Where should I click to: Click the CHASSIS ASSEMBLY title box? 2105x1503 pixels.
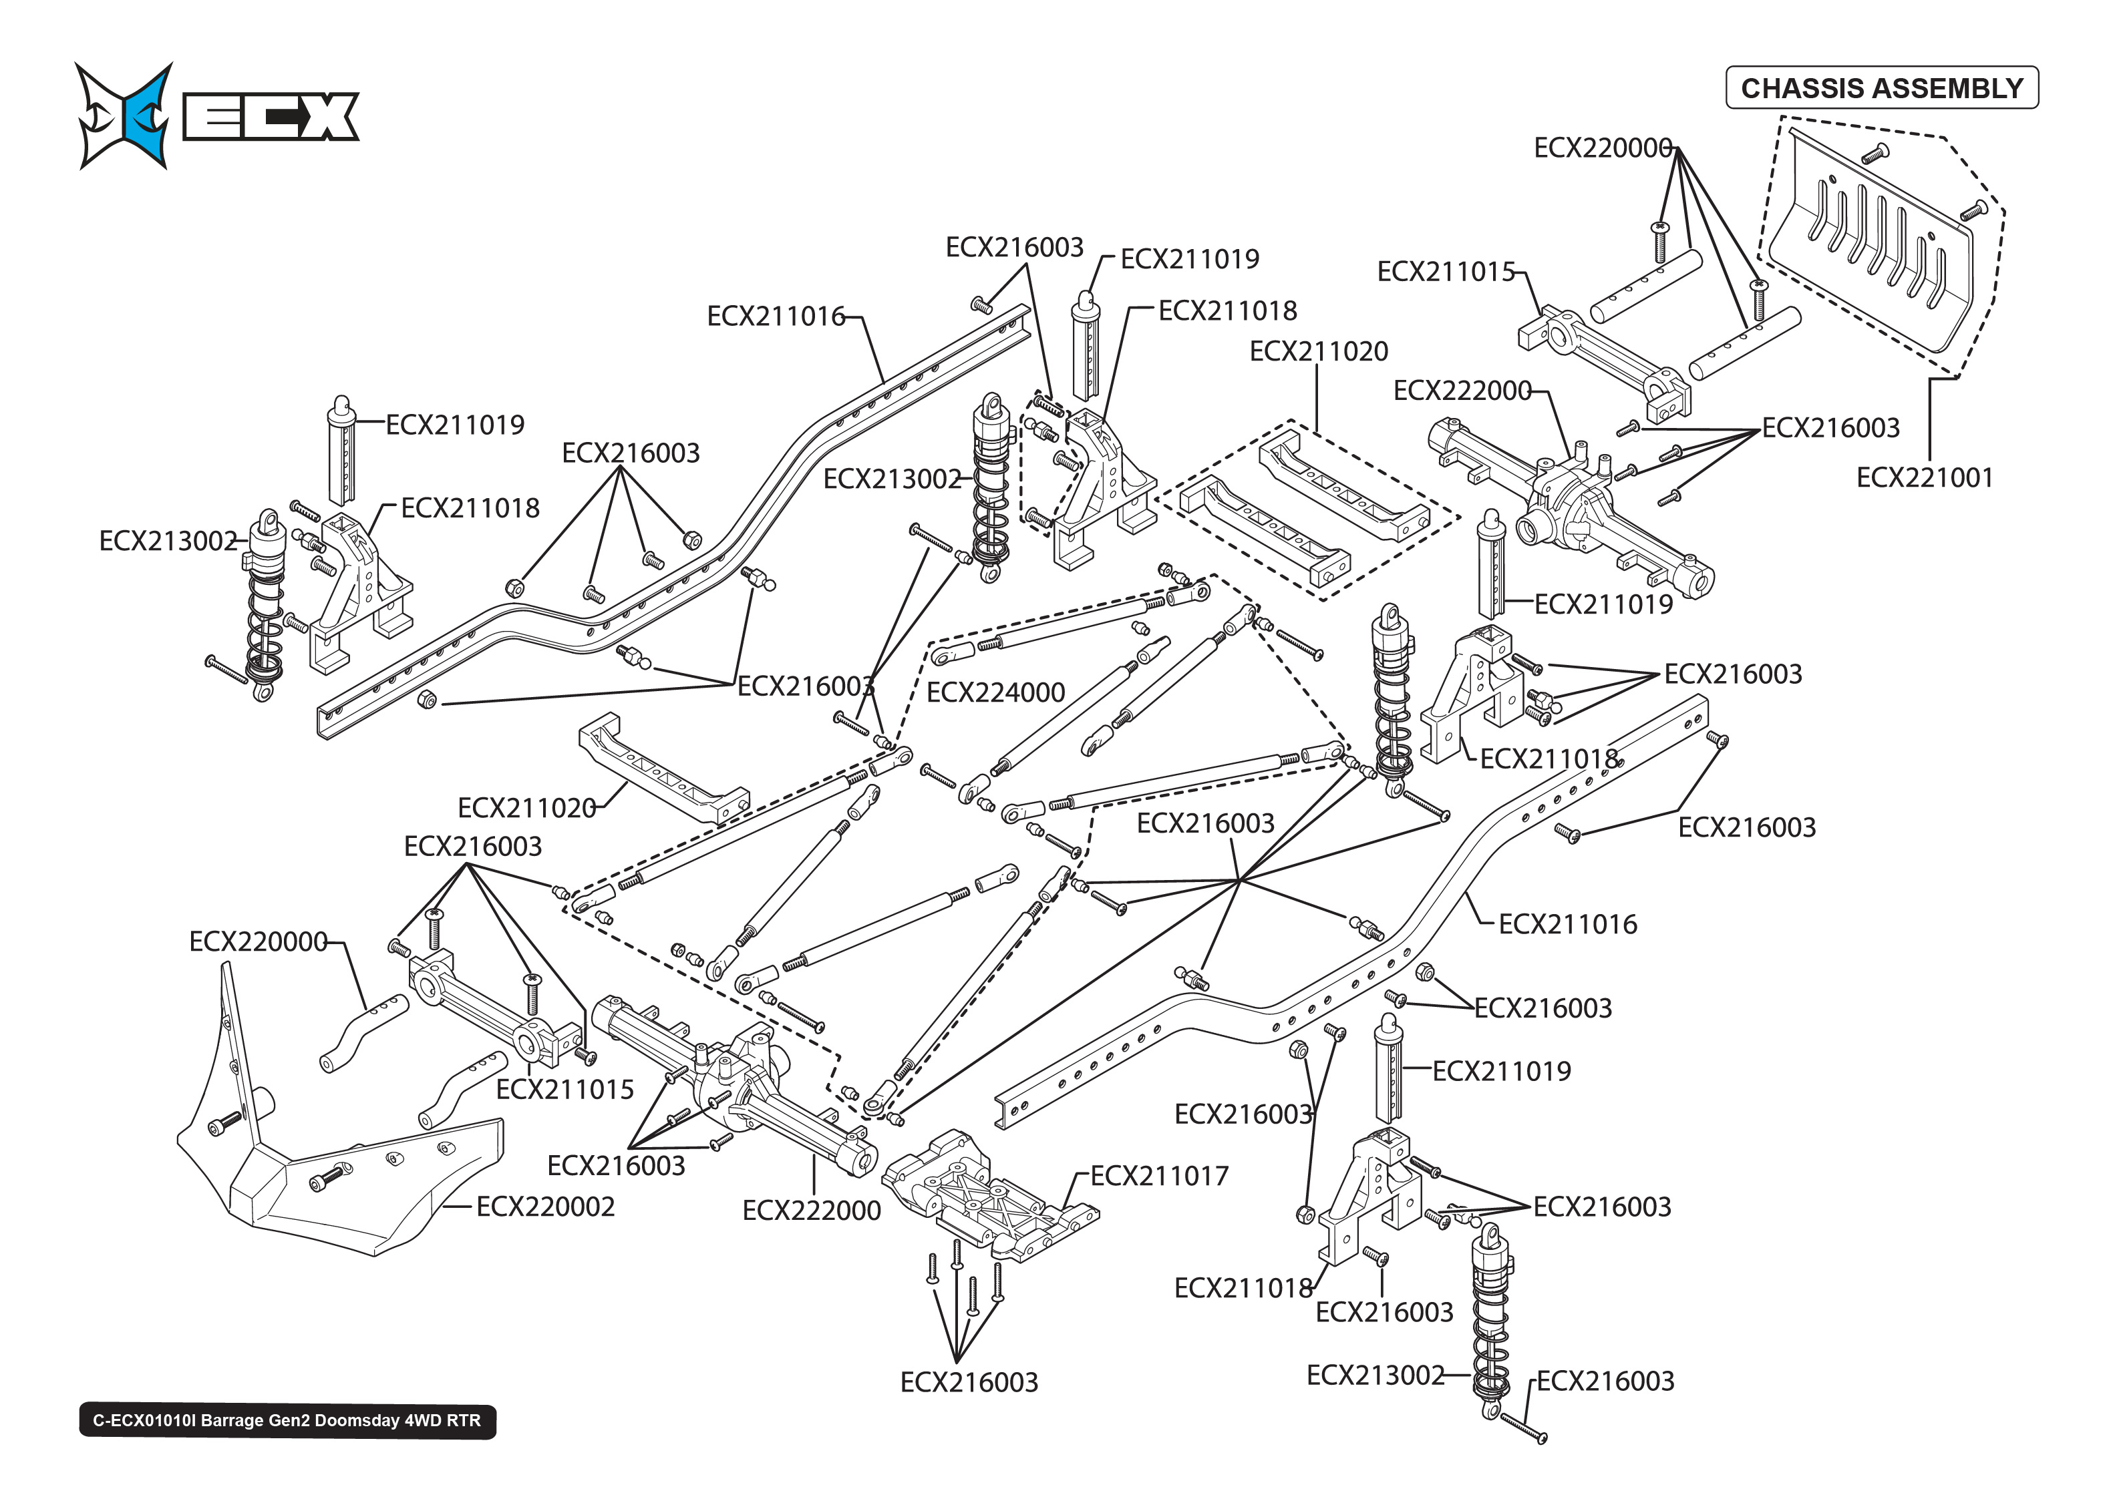1881,88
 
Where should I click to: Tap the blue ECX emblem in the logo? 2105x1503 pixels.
134,116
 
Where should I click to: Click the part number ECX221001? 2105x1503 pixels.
1923,477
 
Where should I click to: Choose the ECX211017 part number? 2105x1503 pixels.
1159,1175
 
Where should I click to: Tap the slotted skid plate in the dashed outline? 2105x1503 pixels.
1870,245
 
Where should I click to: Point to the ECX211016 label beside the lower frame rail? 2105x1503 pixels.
1567,923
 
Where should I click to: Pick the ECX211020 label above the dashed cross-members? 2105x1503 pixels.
1318,352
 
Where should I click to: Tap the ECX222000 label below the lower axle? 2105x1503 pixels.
811,1211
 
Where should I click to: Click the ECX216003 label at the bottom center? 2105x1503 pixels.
968,1381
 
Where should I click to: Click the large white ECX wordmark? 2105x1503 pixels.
271,117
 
